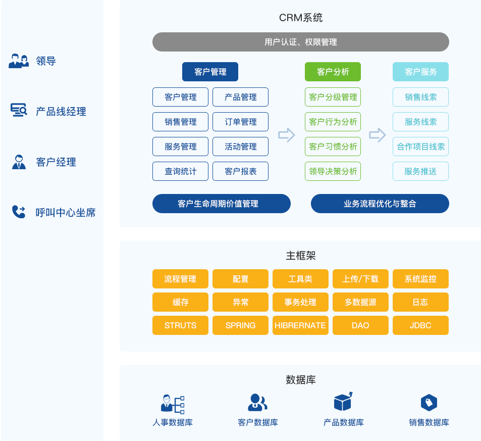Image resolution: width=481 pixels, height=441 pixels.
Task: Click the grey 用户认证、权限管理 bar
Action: click(x=300, y=42)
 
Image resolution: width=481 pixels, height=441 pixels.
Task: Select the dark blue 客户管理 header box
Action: click(x=210, y=72)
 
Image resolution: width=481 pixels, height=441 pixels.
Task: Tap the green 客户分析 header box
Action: click(x=333, y=72)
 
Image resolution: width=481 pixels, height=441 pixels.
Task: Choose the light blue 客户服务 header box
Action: click(x=420, y=72)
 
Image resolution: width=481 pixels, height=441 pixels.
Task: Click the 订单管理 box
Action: click(x=240, y=122)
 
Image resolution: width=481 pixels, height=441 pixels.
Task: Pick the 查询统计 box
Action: click(x=180, y=171)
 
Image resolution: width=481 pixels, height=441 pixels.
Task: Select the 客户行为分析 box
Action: click(x=333, y=122)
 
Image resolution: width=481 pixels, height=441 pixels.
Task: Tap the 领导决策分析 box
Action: click(x=333, y=171)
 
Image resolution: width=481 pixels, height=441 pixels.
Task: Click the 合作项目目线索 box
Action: click(x=420, y=146)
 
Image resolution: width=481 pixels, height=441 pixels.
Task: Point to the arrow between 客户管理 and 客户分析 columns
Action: click(x=286, y=135)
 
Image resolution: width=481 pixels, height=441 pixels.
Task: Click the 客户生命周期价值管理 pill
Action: click(x=221, y=204)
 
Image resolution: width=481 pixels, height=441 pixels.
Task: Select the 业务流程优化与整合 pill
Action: click(x=380, y=204)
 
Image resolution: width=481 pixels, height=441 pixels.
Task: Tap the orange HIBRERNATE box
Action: click(x=300, y=325)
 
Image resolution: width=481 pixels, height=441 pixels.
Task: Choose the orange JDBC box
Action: click(x=420, y=325)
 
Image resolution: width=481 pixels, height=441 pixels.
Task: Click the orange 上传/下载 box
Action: click(x=360, y=279)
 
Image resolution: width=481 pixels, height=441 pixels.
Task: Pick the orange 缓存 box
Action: click(x=180, y=302)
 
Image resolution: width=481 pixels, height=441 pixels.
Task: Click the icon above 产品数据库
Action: click(x=343, y=402)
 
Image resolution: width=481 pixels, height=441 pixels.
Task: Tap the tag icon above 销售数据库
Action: click(x=429, y=403)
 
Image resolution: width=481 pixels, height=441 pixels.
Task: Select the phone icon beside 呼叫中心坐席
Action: click(x=19, y=212)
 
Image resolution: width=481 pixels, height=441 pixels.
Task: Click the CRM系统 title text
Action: click(x=300, y=18)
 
